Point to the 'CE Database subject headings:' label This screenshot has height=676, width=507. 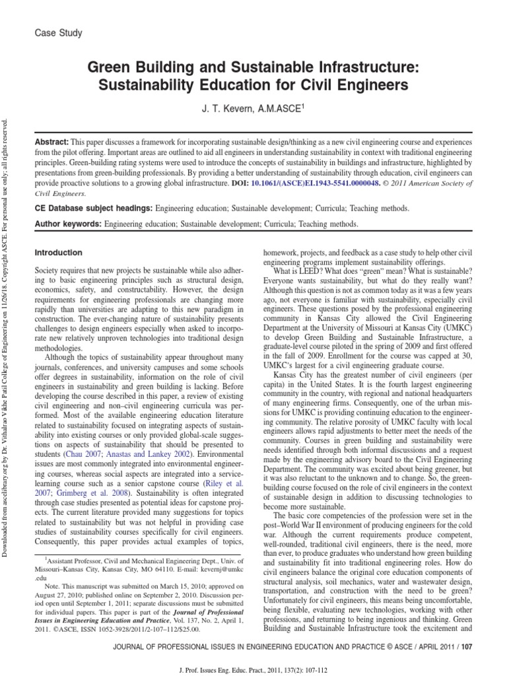pos(92,209)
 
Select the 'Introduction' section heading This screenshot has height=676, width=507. pos(58,252)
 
